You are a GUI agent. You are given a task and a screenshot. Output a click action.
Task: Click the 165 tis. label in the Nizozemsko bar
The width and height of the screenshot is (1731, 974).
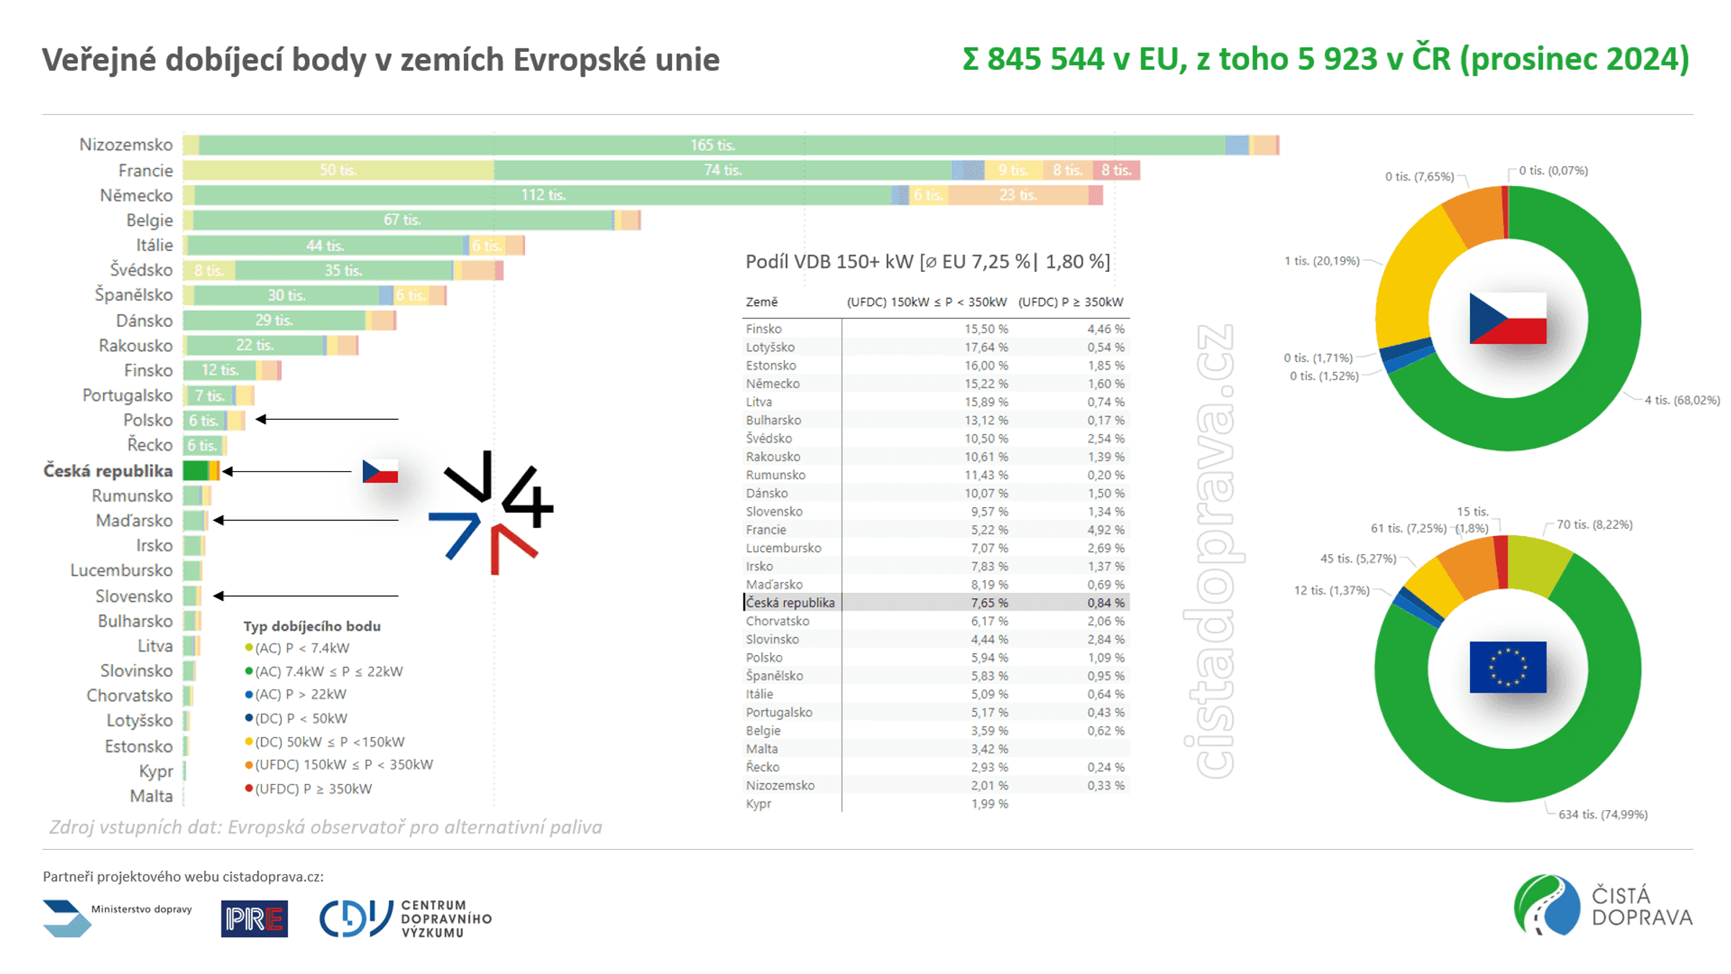[713, 145]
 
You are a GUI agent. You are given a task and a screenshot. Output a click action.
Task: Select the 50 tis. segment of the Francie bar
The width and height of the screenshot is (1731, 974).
[338, 170]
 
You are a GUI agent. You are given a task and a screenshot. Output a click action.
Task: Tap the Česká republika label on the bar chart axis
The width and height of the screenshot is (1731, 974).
[108, 471]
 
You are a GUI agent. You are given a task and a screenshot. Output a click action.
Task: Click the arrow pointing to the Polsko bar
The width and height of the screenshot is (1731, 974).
[327, 419]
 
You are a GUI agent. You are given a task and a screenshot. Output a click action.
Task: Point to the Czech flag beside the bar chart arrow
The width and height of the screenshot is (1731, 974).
[380, 472]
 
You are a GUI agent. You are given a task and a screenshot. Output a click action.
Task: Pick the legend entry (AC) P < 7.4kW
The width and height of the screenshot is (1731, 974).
[297, 648]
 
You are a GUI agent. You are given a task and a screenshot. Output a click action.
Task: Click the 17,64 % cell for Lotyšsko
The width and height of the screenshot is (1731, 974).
[986, 347]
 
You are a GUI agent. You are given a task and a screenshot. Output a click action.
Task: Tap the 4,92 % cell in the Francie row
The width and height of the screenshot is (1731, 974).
[1106, 530]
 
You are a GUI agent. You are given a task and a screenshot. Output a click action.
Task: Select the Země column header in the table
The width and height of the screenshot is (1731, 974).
[762, 302]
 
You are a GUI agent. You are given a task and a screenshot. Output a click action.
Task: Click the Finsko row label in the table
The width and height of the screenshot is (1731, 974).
[764, 329]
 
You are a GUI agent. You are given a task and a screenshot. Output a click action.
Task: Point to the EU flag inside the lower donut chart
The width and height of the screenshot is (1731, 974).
[1508, 667]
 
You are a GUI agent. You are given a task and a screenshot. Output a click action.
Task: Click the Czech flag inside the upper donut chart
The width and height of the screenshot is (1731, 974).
[1508, 318]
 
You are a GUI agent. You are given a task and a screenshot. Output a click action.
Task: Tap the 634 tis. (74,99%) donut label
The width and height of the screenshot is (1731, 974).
[1603, 815]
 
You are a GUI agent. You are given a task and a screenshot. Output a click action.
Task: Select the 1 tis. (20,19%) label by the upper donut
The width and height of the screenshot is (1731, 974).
[1321, 261]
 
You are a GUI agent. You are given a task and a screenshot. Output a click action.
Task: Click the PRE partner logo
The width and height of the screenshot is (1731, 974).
[255, 918]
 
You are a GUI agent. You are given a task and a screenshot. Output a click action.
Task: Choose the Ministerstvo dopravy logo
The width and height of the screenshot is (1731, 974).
[118, 918]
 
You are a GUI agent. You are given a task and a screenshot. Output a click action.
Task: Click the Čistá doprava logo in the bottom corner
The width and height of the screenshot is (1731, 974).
[1603, 905]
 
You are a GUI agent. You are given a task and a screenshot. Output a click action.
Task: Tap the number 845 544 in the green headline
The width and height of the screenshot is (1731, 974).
[1046, 59]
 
